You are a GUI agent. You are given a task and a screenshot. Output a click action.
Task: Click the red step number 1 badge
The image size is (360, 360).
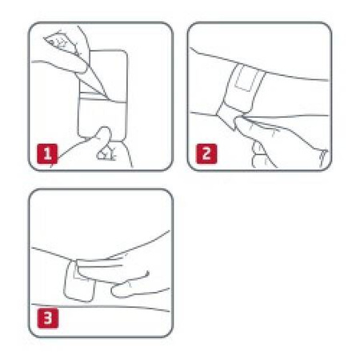click(x=47, y=154)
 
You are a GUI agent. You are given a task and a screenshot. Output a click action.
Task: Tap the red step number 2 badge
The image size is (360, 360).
click(x=206, y=154)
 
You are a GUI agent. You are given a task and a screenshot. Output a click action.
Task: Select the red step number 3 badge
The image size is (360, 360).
click(x=48, y=318)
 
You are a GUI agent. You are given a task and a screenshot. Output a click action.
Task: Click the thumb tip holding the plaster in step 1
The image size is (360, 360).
click(x=104, y=133)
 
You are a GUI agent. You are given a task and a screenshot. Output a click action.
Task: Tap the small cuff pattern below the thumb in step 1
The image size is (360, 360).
click(x=106, y=154)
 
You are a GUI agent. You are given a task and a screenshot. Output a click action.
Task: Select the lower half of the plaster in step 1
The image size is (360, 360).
click(x=102, y=118)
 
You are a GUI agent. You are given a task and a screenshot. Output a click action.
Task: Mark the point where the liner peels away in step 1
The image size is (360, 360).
click(x=109, y=99)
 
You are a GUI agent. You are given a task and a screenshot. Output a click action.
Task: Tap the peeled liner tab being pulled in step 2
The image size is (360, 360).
click(x=228, y=118)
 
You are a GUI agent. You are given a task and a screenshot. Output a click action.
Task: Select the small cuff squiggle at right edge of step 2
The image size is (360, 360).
click(x=323, y=158)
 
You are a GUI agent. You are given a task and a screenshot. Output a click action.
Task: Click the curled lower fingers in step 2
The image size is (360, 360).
click(x=261, y=156)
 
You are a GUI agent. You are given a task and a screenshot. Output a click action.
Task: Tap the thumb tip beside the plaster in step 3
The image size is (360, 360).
click(x=118, y=290)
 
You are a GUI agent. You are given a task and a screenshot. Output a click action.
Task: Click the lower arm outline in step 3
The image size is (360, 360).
click(x=100, y=306)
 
